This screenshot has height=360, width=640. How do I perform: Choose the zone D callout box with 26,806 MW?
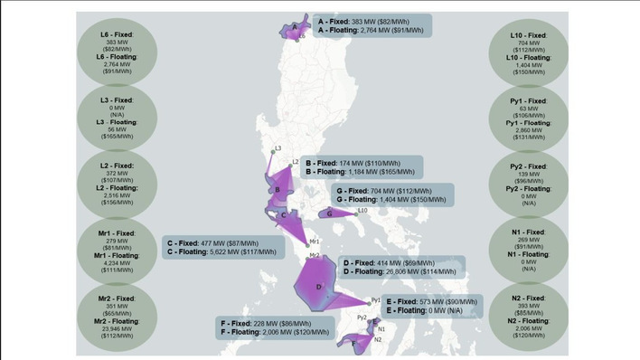403,266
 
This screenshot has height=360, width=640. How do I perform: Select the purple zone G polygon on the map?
335,213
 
